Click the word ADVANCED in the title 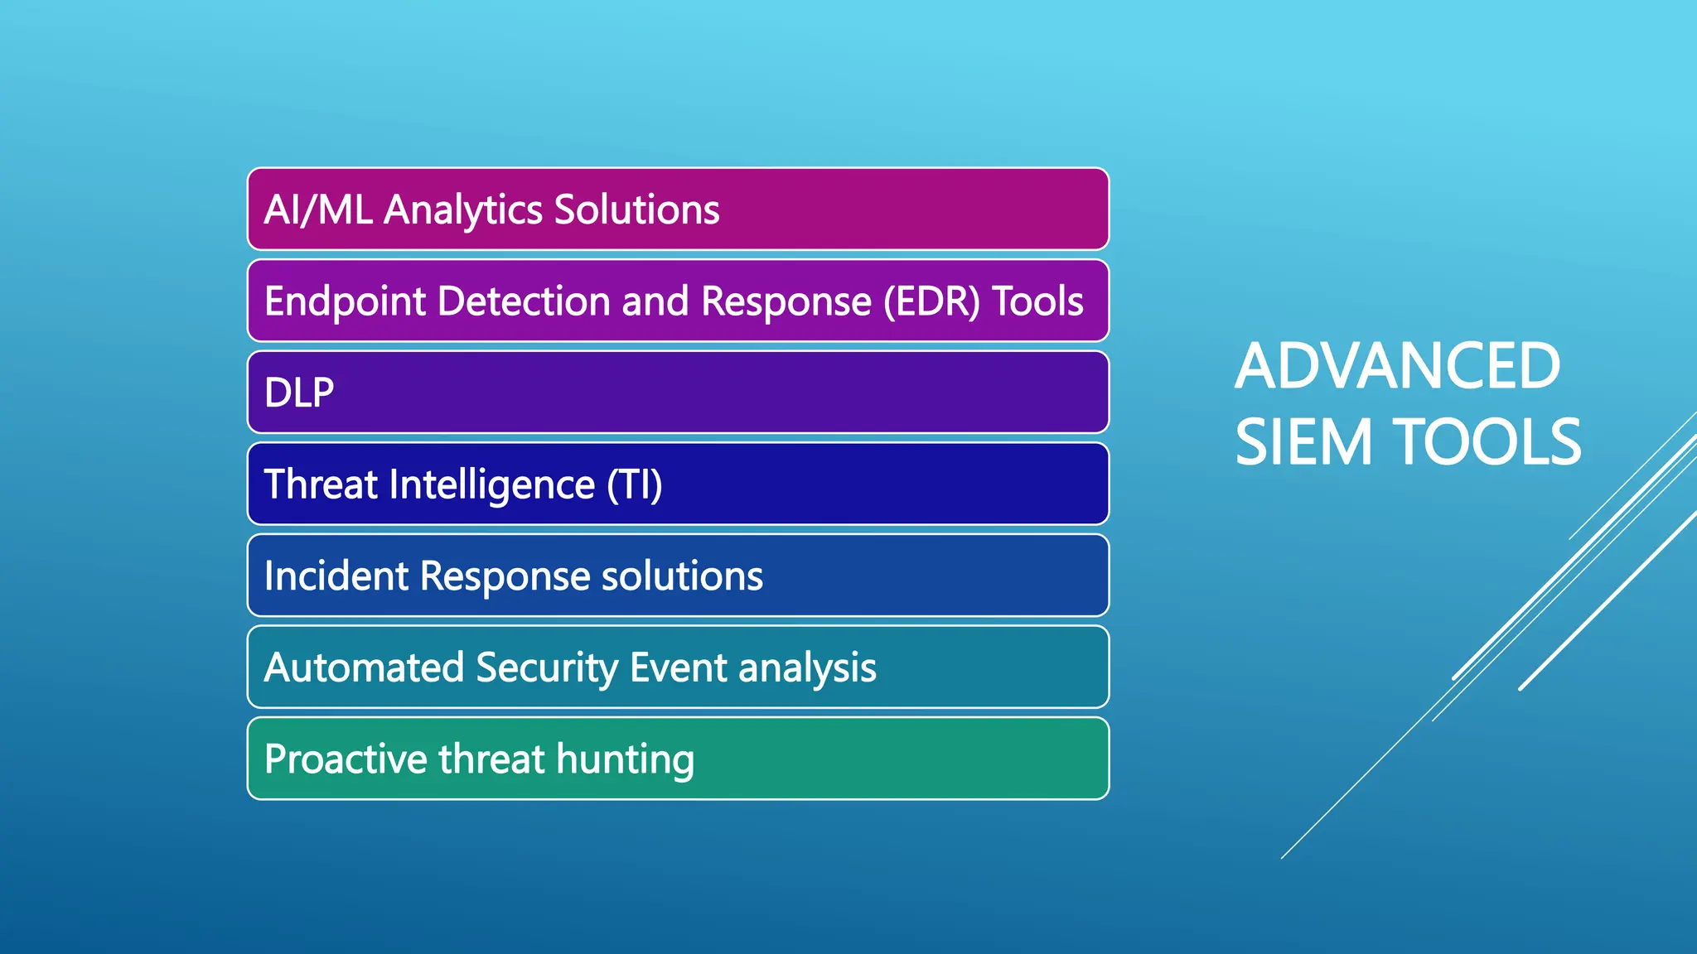click(x=1397, y=366)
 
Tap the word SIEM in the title click(x=1303, y=442)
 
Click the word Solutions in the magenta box click(x=636, y=210)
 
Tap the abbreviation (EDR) click(x=931, y=301)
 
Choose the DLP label click(x=299, y=393)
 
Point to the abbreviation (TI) click(x=634, y=485)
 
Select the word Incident click(x=336, y=576)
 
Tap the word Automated click(x=363, y=667)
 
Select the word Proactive click(x=345, y=759)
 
